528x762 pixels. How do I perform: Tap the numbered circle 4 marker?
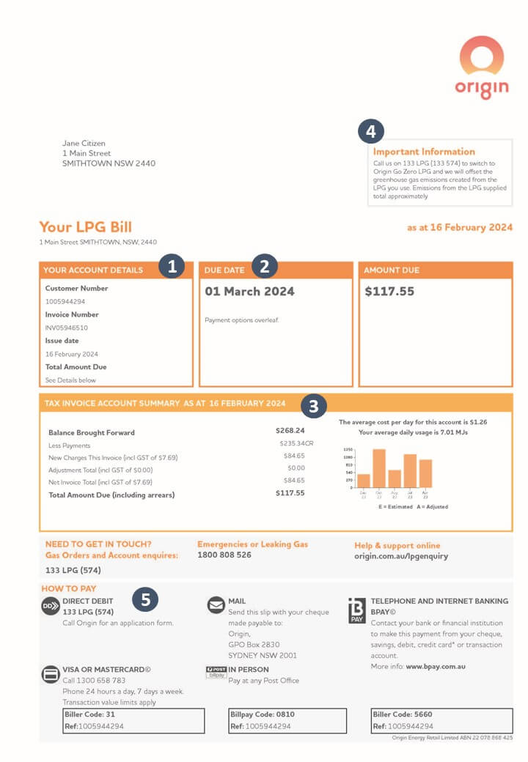371,133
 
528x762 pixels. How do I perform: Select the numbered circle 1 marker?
172,267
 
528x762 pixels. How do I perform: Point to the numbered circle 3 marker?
313,405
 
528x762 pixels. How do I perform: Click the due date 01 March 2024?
249,292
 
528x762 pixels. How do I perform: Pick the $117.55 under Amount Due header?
389,292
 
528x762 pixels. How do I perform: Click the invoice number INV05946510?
67,328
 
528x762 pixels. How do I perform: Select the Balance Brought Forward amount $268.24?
290,431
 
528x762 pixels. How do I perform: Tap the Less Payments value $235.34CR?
296,444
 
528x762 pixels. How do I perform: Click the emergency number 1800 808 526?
224,555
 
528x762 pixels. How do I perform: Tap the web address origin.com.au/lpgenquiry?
401,556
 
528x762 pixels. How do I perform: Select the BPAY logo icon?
356,610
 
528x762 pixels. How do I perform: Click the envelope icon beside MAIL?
216,605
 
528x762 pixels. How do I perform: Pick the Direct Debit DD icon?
50,606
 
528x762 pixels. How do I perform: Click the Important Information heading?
424,152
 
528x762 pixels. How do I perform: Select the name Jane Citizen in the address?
84,144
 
